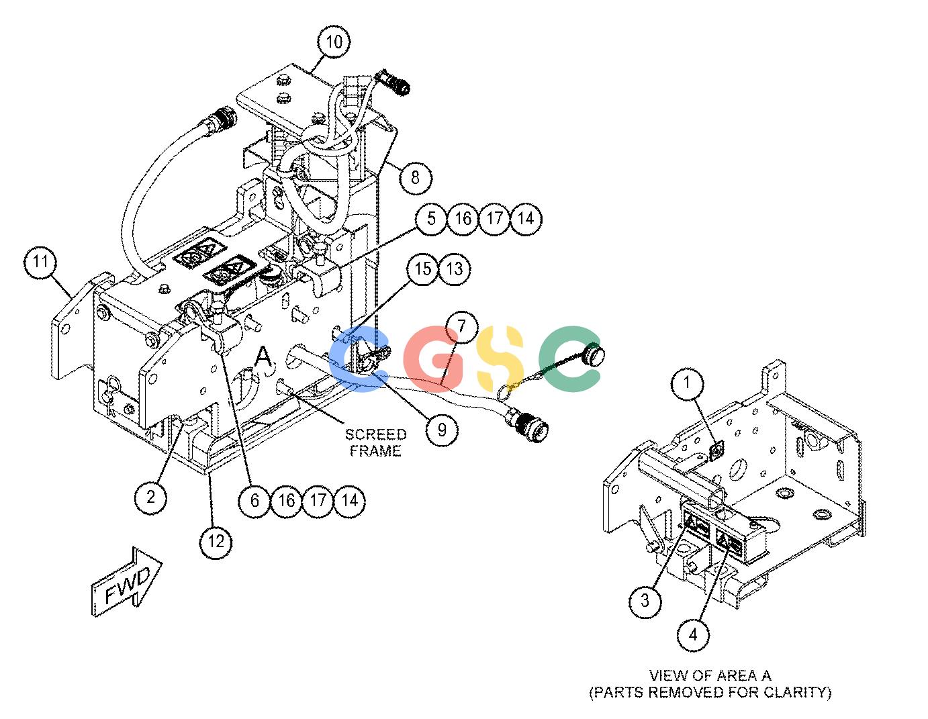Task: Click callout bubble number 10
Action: point(334,42)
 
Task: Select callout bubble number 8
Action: point(415,178)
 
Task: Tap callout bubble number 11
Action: point(40,261)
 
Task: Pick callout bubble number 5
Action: point(431,219)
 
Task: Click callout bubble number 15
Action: point(422,269)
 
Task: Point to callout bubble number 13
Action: point(454,269)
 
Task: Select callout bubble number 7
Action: point(461,327)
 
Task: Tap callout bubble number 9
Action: point(442,429)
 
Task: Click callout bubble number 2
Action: point(151,497)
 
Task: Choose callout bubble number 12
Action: point(216,542)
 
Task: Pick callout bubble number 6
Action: point(254,500)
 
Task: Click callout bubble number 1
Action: point(687,383)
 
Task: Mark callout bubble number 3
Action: point(645,601)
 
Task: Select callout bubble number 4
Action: point(693,635)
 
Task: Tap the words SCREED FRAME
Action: point(375,443)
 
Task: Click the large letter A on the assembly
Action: point(263,356)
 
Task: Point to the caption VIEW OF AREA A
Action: point(710,675)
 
